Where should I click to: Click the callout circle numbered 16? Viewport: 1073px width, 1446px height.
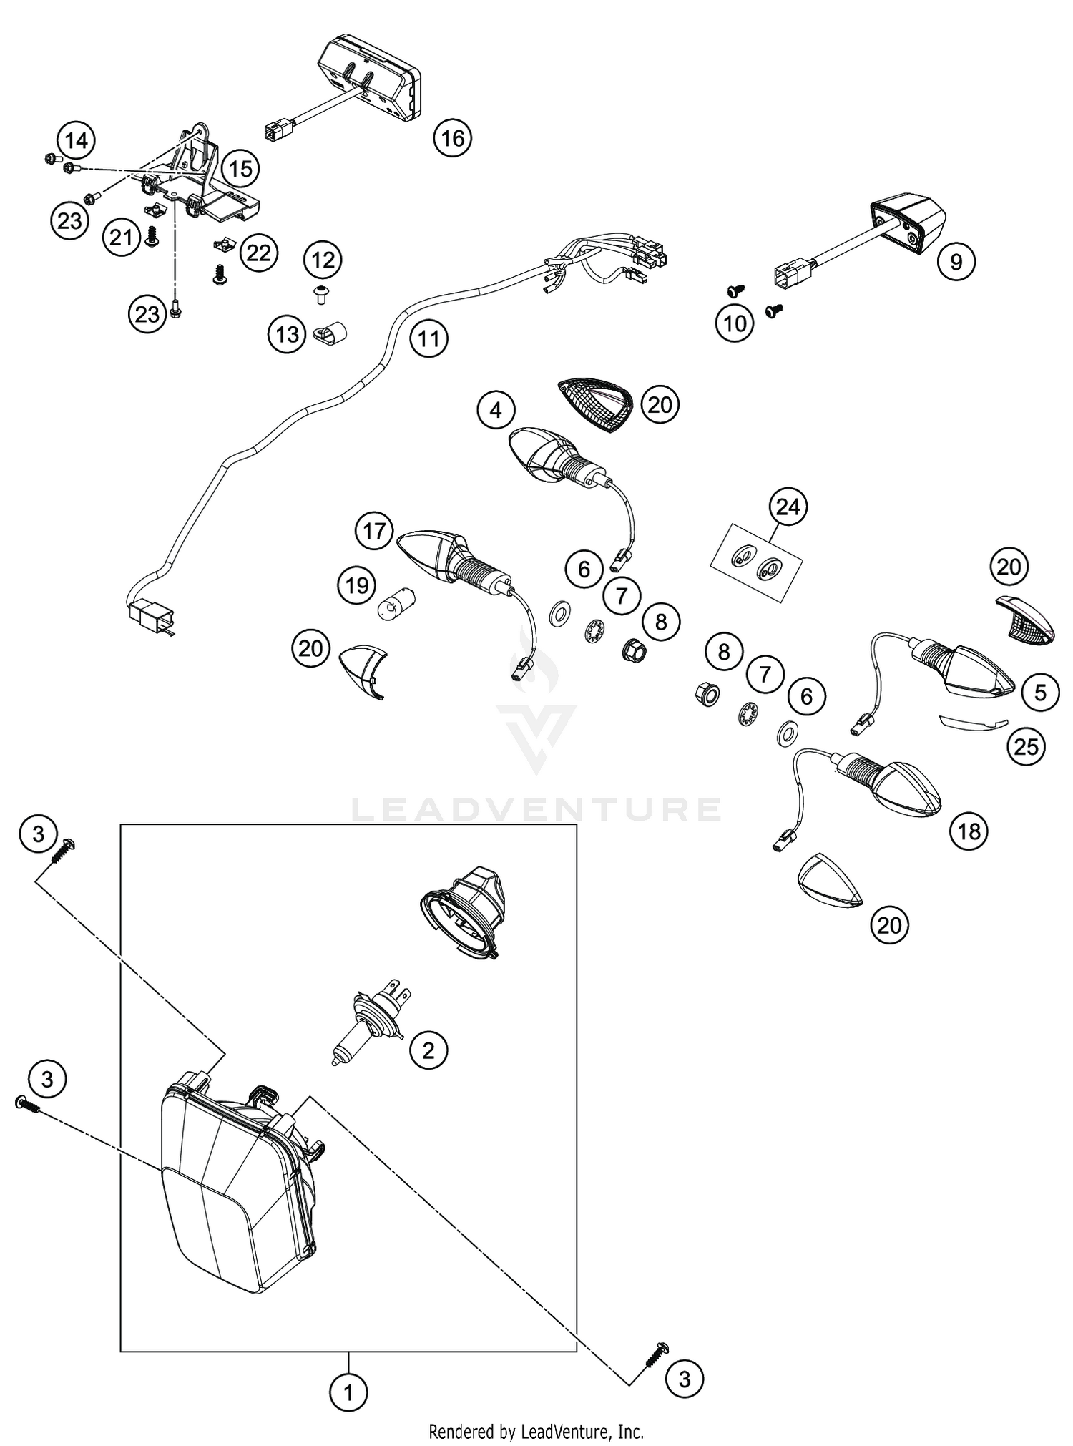452,137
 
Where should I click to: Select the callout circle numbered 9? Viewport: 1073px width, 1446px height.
956,262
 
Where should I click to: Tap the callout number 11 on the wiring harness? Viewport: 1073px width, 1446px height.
428,338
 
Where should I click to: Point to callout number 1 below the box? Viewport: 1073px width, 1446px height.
348,1393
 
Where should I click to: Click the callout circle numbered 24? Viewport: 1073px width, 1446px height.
788,507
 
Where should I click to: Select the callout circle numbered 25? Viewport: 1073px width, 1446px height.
1026,746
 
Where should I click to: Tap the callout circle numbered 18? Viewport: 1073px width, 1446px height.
969,831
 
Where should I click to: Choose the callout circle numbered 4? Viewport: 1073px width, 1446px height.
496,410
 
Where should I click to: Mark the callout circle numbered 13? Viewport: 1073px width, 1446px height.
288,333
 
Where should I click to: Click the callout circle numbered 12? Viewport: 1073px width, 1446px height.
323,260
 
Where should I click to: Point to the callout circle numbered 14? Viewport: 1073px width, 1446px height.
77,140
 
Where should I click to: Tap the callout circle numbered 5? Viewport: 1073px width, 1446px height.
1039,692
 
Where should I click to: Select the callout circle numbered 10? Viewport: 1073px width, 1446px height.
735,323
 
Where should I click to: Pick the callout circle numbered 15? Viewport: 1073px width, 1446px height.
240,169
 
